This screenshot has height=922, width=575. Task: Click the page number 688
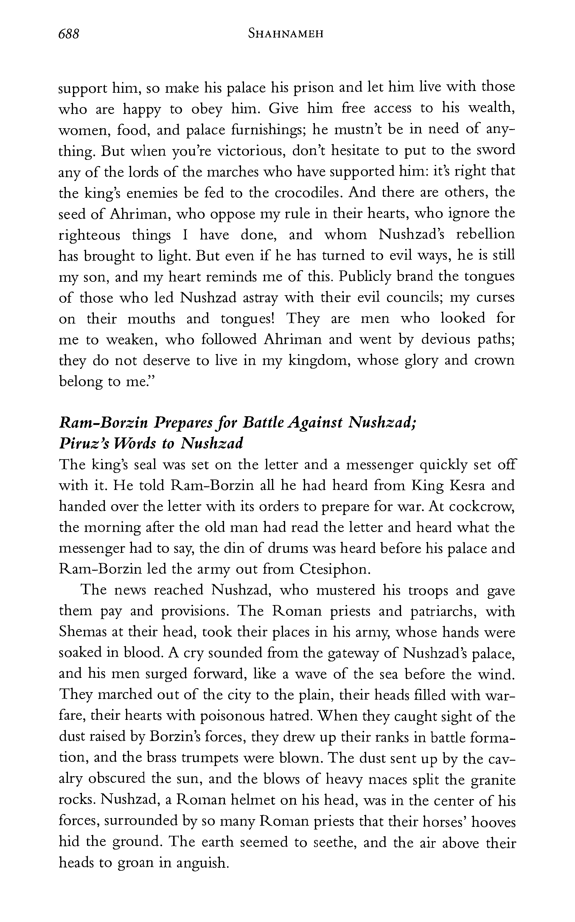tap(69, 34)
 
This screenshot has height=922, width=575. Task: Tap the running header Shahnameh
tap(286, 34)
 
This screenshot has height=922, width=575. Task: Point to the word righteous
tap(89, 236)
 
